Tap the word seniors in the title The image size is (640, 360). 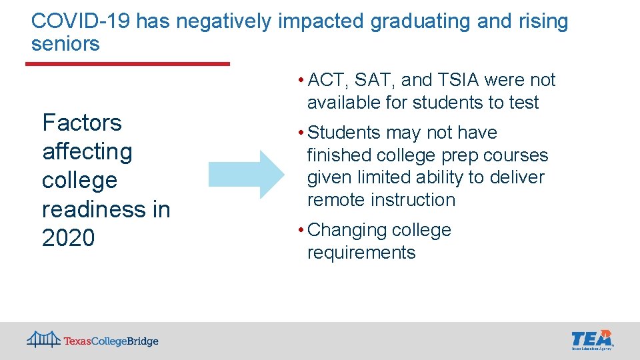[x=65, y=44]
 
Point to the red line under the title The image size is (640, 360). [x=127, y=64]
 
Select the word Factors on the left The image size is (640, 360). [x=82, y=123]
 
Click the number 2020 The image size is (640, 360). [x=69, y=238]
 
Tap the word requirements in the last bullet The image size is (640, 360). [x=361, y=253]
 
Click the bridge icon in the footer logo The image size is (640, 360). [x=43, y=339]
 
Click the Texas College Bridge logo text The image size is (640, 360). [x=111, y=341]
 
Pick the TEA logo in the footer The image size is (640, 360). [x=592, y=339]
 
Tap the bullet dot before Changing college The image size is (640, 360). [x=302, y=231]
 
